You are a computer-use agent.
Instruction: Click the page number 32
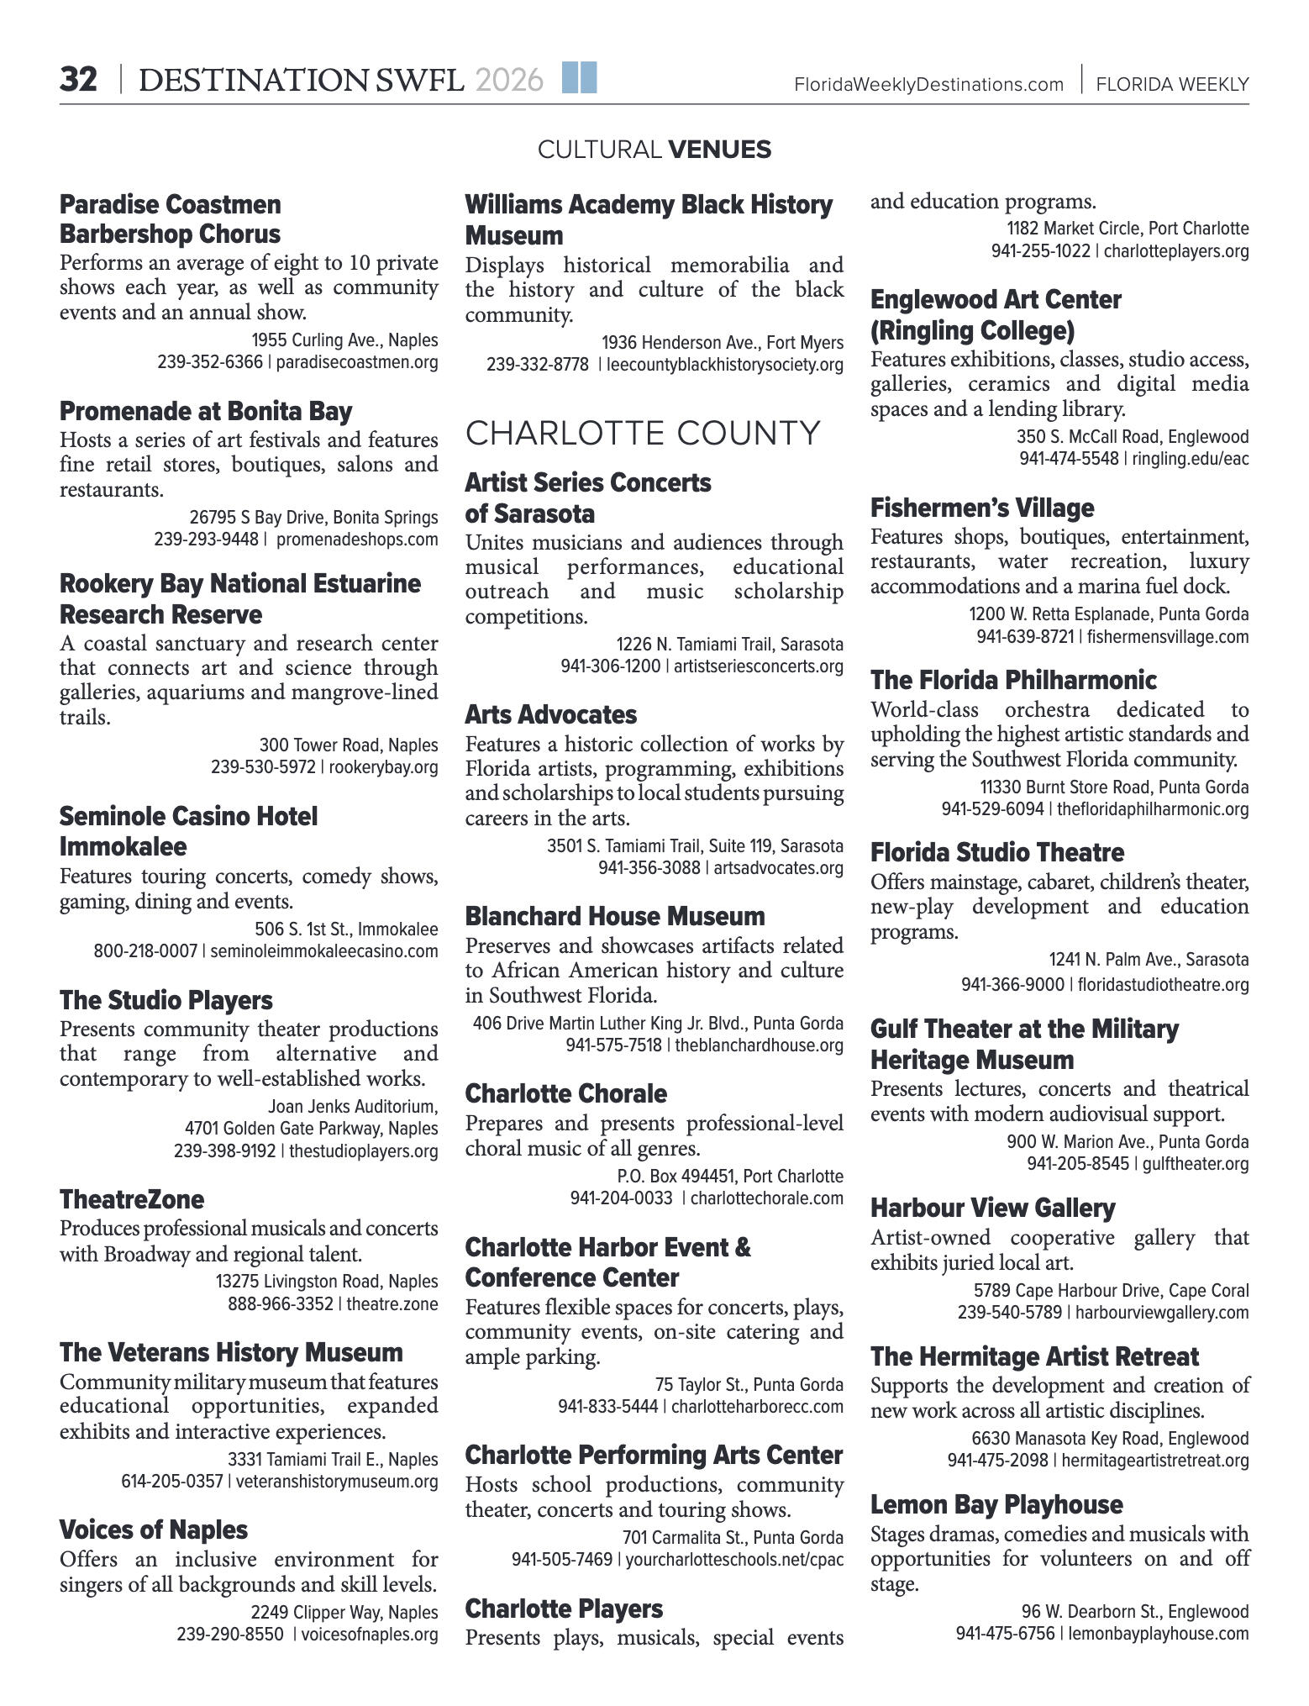(78, 81)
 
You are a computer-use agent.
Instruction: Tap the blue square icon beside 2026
(579, 77)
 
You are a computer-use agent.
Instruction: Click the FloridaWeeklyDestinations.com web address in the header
(928, 84)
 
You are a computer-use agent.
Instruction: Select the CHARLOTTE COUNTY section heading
(643, 433)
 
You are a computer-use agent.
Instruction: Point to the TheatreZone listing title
(132, 1199)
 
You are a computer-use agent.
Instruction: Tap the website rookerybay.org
(383, 767)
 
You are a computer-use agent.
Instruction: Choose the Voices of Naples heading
(154, 1530)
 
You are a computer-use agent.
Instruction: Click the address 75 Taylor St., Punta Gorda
(749, 1384)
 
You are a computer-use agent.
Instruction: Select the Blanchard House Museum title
(615, 916)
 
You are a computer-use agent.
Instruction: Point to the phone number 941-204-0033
(621, 1198)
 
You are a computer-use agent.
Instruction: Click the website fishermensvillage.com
(1168, 637)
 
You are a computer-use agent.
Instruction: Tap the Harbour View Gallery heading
(992, 1208)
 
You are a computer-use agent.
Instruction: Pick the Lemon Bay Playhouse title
(996, 1504)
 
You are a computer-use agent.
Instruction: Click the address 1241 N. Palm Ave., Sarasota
(1149, 960)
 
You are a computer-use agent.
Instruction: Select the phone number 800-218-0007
(145, 951)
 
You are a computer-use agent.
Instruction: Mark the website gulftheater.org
(1196, 1164)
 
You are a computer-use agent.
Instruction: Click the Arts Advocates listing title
(551, 714)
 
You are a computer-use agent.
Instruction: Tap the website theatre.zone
(392, 1303)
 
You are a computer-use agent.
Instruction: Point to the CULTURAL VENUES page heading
(654, 150)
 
